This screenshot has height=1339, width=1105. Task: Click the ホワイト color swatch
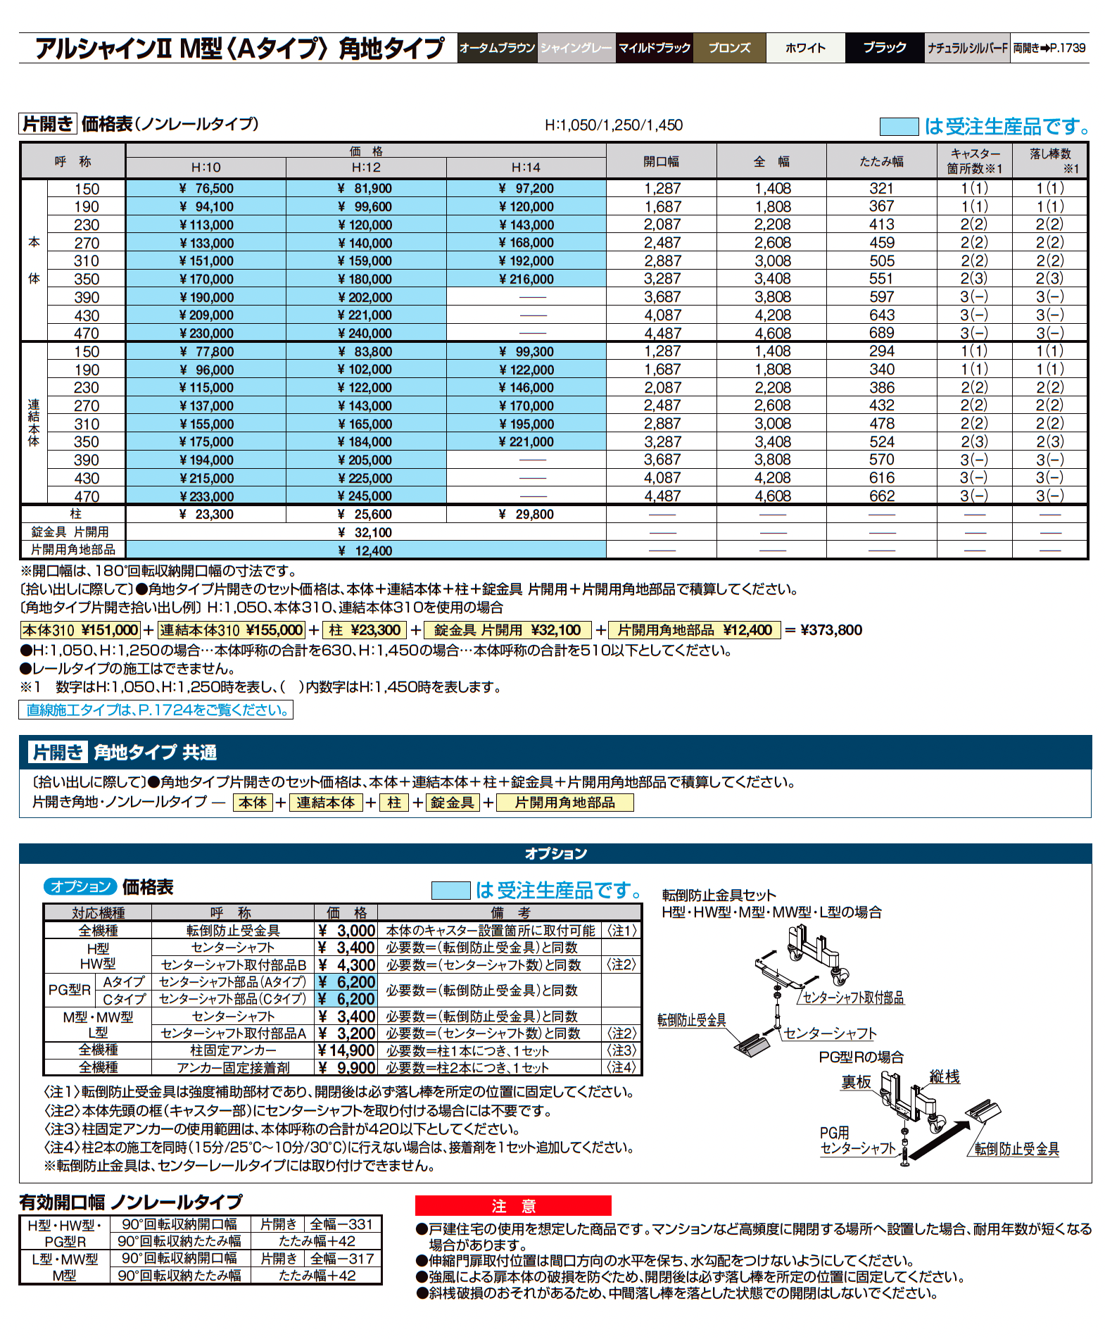coord(805,48)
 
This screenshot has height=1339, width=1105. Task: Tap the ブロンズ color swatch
coord(729,48)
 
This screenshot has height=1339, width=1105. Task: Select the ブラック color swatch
coord(884,48)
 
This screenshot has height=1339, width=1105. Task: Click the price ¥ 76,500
coord(206,189)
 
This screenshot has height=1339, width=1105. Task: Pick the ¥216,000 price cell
coord(526,279)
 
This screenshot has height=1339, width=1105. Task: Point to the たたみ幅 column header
coord(881,161)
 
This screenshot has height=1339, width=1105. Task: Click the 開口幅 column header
coord(661,161)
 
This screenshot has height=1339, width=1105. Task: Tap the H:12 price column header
coord(366,168)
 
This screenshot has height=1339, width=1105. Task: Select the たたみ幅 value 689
coord(881,333)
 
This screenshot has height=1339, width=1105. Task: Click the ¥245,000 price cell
coord(365,496)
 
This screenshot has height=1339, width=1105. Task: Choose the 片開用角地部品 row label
coord(73,550)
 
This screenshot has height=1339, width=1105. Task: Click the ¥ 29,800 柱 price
coord(526,515)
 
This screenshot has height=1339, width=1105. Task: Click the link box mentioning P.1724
coord(156,710)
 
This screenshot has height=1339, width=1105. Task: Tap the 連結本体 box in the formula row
coord(326,803)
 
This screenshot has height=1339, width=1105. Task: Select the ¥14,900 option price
coord(346,1050)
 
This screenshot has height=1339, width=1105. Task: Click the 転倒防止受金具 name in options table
coord(233,931)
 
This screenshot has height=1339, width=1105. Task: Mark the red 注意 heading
coord(513,1206)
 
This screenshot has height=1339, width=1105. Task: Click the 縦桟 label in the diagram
coord(944,1076)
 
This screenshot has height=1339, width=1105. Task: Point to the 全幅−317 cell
coord(342,1258)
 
